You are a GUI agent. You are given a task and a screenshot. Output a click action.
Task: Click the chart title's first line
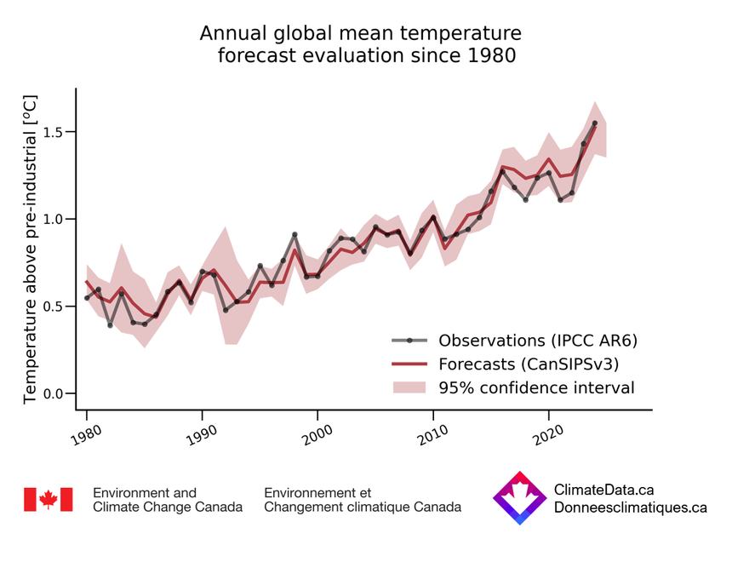point(360,34)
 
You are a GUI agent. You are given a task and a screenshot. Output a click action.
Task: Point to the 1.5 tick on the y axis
point(54,132)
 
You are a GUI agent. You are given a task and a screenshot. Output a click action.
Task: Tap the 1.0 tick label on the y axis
point(54,219)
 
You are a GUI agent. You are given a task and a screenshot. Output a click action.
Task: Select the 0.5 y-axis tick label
point(54,307)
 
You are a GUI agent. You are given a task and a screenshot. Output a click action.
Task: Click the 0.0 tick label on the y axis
point(54,393)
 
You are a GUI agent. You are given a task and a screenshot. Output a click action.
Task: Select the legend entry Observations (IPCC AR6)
point(537,341)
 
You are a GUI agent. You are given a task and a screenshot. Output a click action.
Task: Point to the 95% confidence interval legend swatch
point(409,388)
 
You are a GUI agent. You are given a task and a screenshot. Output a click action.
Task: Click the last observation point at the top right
point(594,123)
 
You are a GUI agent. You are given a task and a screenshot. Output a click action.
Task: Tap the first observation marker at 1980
point(87,298)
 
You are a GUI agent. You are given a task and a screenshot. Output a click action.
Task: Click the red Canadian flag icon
point(48,500)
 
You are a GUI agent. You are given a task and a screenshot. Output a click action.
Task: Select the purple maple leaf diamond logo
point(519,498)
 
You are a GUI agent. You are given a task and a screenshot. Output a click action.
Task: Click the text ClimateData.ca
point(603,490)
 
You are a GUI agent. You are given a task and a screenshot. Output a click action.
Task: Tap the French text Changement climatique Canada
point(363,507)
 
